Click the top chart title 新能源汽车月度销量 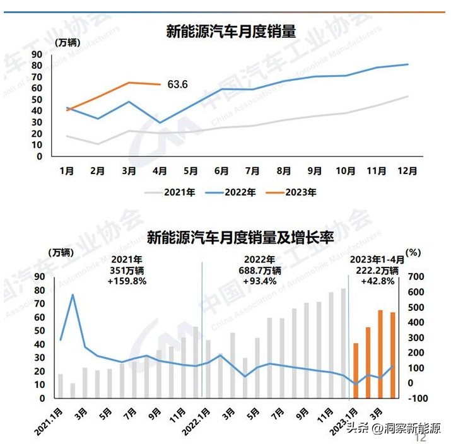[231, 31]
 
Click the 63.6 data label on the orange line [178, 85]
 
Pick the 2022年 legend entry [233, 193]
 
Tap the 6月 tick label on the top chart [221, 170]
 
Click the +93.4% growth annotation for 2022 [259, 281]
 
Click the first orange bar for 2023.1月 [356, 371]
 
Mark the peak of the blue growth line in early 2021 [73, 295]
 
